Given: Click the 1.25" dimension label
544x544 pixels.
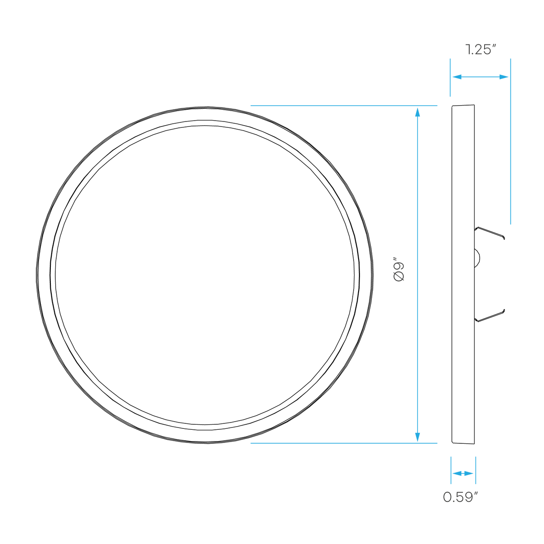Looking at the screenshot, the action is [481, 50].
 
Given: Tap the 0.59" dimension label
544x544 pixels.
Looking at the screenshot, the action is [461, 497].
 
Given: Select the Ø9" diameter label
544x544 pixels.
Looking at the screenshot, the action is [398, 269].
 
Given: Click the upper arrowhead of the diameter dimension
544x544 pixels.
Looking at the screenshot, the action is [418, 112].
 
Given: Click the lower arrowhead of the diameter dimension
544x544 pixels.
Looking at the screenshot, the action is [418, 437].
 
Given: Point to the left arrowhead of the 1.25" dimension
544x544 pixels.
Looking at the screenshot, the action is [457, 77].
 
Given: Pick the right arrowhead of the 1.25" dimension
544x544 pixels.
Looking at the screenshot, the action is [504, 77].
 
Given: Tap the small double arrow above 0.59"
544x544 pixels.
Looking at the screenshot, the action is [463, 473].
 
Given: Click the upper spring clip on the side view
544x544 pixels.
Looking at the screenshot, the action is [490, 233].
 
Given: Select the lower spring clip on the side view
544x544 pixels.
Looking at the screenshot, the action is [490, 316].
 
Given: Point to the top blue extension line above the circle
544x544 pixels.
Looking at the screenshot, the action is [344, 106].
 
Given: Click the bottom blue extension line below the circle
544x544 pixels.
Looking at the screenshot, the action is [344, 443].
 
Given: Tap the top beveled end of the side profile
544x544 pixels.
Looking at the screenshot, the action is [463, 106].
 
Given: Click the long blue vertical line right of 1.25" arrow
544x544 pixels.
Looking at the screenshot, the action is [510, 141].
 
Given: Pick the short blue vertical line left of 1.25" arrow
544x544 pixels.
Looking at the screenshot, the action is [450, 78].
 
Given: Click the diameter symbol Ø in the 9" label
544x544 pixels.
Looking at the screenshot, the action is [398, 277].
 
